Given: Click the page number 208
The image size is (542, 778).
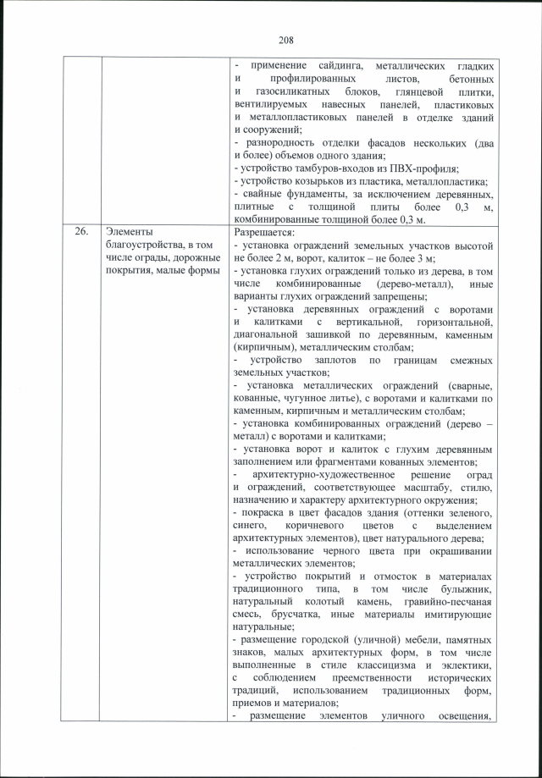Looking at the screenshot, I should tap(285, 38).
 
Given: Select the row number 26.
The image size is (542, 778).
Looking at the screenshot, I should tap(80, 229).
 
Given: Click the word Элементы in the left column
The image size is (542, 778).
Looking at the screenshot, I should tap(130, 229).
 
